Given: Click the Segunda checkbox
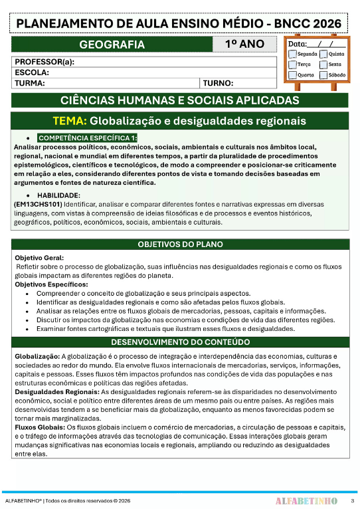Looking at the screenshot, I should pos(293,54).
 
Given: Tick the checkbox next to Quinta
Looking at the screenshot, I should pos(323,54).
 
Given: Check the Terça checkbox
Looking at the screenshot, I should pos(293,65).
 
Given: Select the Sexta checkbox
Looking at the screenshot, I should pos(323,65).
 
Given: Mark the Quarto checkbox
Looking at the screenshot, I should pos(293,75).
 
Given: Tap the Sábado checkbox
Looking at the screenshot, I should pos(323,75).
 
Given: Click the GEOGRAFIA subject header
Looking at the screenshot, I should pos(112,45).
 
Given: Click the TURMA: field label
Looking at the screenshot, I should pos(30,83).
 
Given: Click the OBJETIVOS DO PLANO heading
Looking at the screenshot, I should pos(180,245).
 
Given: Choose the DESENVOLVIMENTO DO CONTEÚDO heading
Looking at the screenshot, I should pos(180,342).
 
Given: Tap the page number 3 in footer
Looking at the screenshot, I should pos(352,500).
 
